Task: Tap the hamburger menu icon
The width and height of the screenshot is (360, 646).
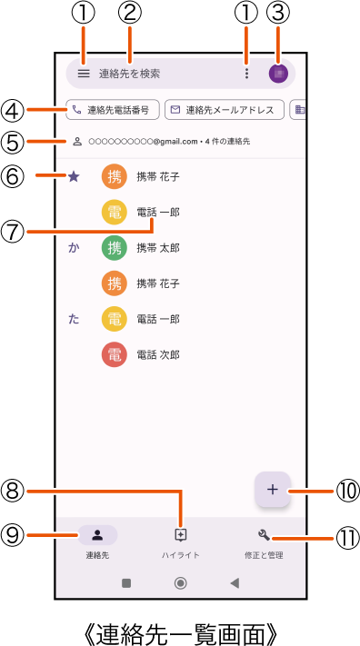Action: [84, 74]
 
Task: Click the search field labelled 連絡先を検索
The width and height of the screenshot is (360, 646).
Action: [145, 74]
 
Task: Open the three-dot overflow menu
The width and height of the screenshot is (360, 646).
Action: [245, 74]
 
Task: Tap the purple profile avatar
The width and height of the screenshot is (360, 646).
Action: [278, 74]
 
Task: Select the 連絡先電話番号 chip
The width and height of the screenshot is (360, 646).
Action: [113, 110]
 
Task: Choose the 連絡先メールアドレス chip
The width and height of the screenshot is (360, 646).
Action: [223, 110]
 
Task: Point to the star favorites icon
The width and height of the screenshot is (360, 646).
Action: [74, 176]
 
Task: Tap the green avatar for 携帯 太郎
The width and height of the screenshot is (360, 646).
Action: [115, 247]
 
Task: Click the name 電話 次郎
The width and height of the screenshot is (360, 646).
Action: [158, 354]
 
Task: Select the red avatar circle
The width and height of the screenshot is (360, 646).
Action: [115, 354]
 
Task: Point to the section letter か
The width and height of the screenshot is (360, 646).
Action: [74, 247]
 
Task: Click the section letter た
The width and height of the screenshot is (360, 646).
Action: [74, 319]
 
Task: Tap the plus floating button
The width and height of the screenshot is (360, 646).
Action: [273, 490]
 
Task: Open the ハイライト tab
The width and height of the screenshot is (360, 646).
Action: [180, 542]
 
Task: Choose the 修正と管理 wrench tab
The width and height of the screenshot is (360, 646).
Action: [264, 542]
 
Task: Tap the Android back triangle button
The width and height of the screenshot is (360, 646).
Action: [235, 583]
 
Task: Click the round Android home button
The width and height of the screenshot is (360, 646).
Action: [180, 583]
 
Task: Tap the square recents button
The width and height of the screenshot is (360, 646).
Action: [126, 583]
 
